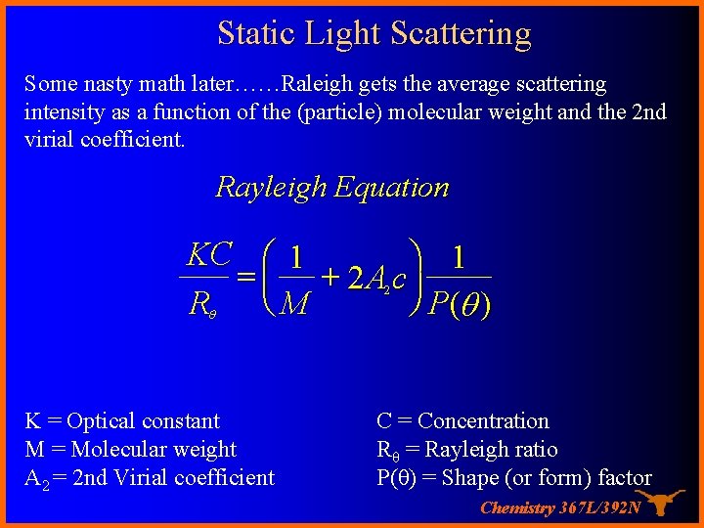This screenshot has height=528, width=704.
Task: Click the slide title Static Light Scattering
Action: (374, 33)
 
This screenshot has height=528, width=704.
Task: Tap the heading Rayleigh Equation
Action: (331, 187)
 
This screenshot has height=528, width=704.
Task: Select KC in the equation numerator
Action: (208, 256)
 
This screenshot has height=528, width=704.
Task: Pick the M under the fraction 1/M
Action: (294, 306)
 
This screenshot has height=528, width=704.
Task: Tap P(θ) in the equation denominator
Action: (460, 306)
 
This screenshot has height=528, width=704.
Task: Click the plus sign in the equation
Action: (330, 279)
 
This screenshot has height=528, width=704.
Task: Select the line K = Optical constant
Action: (122, 421)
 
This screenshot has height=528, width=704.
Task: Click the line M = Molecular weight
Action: (130, 450)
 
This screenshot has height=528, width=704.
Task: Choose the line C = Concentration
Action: (462, 421)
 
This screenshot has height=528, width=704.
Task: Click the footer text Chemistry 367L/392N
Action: (560, 507)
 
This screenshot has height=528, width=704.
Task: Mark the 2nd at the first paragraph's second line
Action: (648, 111)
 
